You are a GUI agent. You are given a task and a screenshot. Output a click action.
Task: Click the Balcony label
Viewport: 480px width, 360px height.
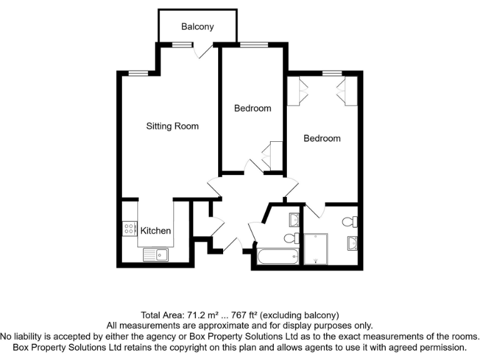coord(197,27)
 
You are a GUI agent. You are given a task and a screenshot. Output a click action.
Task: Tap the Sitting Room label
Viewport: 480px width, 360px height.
coord(172,126)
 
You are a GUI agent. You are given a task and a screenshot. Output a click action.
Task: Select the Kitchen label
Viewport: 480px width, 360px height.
coord(156,231)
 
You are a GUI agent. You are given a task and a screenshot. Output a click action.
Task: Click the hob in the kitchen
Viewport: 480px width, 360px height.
coord(130,229)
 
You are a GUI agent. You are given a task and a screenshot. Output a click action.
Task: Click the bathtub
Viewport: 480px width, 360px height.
coord(278,256)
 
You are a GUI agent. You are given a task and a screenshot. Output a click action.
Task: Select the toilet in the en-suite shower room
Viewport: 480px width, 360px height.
coord(352,221)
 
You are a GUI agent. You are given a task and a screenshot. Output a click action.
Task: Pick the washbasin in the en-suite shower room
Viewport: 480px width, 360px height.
coord(352,243)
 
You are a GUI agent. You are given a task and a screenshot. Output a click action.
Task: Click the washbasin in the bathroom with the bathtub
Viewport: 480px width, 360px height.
coord(294,219)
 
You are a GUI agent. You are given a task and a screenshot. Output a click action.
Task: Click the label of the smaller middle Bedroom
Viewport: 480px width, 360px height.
coord(252,108)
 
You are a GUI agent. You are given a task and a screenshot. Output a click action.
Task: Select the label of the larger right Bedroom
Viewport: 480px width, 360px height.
coord(322,138)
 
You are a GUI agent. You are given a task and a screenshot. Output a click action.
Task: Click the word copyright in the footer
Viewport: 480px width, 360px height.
coord(223,346)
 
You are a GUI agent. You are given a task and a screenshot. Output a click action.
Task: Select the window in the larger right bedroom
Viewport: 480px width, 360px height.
coord(332,74)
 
